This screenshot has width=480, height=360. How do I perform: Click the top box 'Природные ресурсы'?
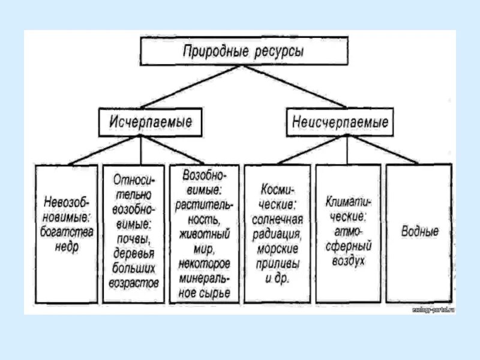tap(244, 51)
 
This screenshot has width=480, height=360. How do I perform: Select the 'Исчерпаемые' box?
tap(151, 122)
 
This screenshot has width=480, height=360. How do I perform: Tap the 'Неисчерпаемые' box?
tap(340, 122)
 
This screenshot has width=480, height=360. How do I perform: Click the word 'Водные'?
tap(419, 232)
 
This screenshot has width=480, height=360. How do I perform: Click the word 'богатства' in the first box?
tap(67, 232)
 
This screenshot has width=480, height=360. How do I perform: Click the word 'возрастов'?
tap(134, 282)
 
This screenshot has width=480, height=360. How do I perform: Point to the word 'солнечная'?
tap(277, 218)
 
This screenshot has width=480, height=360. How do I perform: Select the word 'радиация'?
tap(277, 233)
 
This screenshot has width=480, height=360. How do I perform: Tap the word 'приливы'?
tap(277, 264)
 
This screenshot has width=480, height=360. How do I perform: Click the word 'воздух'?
tap(348, 262)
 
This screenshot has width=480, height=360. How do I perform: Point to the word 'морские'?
tap(277, 249)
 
